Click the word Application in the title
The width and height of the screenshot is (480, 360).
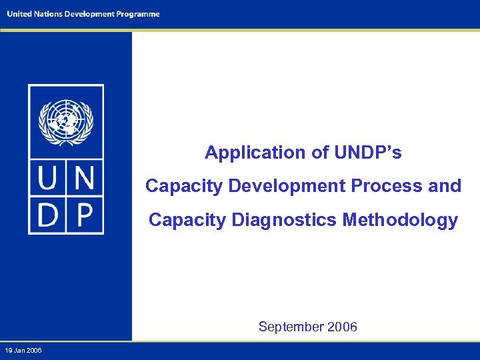tap(255, 153)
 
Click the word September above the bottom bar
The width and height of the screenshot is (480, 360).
tap(291, 327)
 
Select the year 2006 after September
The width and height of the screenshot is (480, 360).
tap(343, 327)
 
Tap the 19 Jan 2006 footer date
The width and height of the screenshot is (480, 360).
tap(23, 351)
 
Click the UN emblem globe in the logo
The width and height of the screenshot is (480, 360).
tap(65, 121)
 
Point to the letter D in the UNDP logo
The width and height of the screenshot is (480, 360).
tap(48, 215)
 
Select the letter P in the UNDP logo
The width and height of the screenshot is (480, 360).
tap(83, 215)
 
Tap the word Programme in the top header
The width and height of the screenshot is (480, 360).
tap(137, 14)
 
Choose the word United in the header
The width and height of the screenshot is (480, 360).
tap(19, 14)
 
